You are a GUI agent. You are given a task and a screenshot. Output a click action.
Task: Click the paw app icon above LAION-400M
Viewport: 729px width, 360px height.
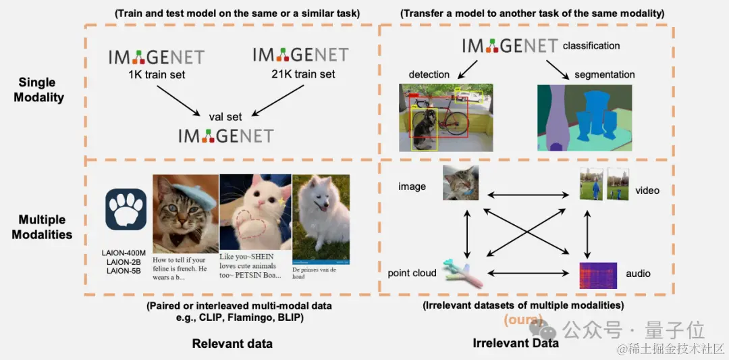pos(126,209)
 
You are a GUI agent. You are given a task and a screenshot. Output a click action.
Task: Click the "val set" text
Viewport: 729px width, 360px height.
pos(225,117)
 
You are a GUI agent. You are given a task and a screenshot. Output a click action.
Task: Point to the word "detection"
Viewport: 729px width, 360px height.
pos(429,74)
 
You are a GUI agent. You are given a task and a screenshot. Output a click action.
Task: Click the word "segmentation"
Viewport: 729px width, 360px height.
pos(604,74)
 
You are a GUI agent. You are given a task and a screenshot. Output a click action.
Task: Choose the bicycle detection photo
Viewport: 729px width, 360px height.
pos(446,118)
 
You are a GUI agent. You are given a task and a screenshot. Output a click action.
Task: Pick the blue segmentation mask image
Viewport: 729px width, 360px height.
pos(585,118)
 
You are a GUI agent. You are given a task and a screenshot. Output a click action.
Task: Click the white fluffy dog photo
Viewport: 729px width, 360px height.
pos(320,218)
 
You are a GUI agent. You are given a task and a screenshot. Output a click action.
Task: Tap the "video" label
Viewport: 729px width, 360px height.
pos(647,190)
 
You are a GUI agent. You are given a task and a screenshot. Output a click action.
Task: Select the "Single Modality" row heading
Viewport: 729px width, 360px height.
pos(42,90)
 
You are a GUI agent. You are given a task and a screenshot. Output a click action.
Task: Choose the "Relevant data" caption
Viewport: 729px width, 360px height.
pos(232,344)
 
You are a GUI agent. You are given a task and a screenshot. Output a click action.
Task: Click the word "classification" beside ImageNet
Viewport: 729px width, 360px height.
pos(591,46)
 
